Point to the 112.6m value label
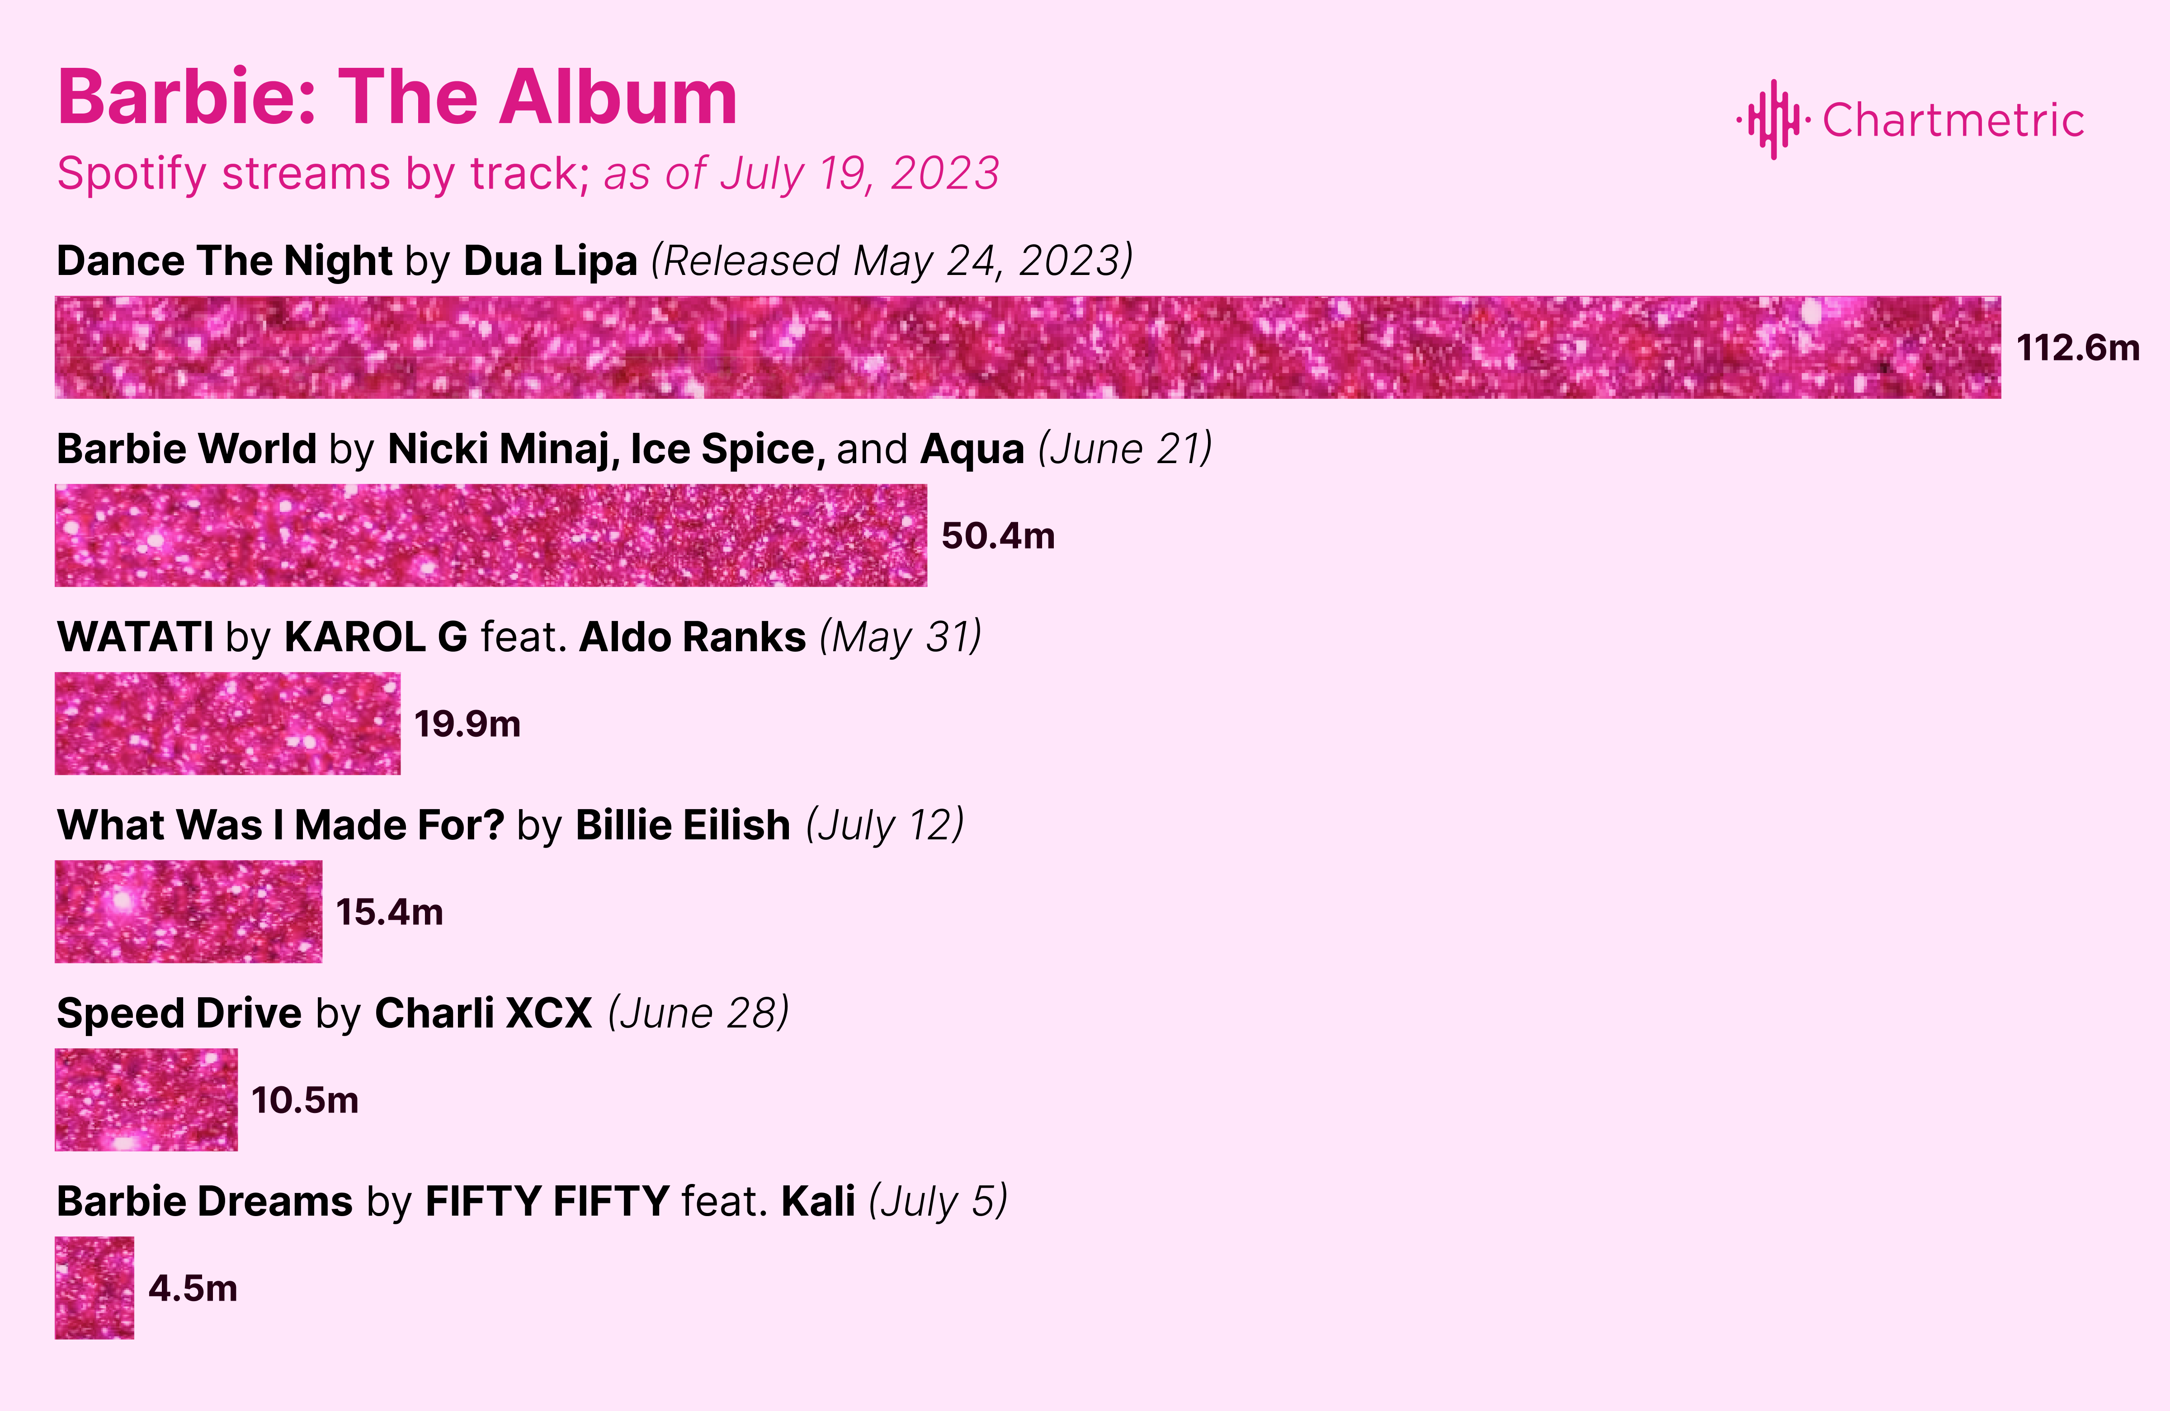tap(2078, 347)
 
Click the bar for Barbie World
tap(491, 535)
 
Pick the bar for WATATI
tap(227, 723)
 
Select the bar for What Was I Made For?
tap(188, 911)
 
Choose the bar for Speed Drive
tap(146, 1099)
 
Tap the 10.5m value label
tap(305, 1100)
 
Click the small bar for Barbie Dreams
tap(94, 1288)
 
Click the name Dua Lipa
tap(550, 261)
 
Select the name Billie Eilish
tap(683, 824)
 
